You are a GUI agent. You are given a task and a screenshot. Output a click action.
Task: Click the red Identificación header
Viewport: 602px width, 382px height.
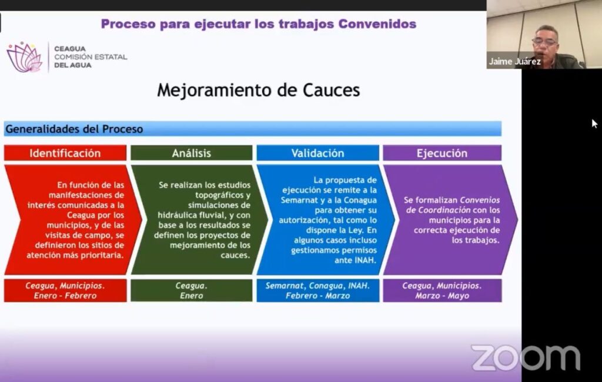coord(65,153)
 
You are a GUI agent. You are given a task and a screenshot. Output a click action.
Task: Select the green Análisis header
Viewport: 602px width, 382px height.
coord(192,153)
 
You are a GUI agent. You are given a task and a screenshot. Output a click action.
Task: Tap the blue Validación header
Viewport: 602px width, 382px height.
coord(317,153)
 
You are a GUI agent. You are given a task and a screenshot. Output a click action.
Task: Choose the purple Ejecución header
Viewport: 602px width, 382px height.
coord(442,153)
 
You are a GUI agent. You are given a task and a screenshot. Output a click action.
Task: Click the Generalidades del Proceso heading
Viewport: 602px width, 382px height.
coord(74,129)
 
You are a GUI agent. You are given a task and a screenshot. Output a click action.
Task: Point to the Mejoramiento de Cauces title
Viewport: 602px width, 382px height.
coord(259,91)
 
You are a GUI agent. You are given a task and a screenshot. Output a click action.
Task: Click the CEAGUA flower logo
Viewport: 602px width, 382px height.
coord(24,57)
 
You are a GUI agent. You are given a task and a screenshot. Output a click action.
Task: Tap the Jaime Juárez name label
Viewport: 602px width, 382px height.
coord(514,62)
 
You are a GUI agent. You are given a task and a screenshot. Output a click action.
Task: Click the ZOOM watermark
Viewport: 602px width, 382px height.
coord(526,357)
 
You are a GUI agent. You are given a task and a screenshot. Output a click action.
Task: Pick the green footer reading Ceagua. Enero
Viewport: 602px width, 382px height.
coord(192,291)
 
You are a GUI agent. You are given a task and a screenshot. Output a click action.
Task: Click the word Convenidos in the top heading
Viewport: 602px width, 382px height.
coord(377,24)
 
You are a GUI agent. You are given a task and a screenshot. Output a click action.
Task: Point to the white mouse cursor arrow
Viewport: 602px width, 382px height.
coord(594,123)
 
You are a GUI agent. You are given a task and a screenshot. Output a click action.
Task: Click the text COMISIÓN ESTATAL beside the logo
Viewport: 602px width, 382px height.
coord(91,57)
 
